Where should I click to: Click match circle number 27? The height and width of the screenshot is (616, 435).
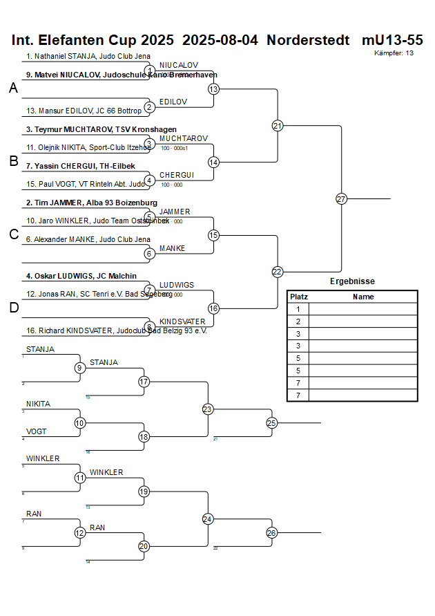click(x=341, y=199)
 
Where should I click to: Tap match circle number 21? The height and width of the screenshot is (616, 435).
click(x=278, y=126)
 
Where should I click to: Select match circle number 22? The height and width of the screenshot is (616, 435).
click(x=278, y=272)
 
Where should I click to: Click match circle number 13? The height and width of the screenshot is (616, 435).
click(x=213, y=89)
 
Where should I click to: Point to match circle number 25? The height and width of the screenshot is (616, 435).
click(x=271, y=422)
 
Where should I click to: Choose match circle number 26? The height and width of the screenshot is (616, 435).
click(x=271, y=532)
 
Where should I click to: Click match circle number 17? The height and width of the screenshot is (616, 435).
click(x=144, y=382)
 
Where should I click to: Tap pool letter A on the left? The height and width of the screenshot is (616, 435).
click(x=13, y=88)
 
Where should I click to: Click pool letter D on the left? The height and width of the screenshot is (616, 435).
click(x=13, y=308)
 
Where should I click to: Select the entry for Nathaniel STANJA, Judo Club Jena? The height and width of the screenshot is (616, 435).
click(x=88, y=57)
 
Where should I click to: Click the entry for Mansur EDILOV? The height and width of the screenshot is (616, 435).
click(x=84, y=111)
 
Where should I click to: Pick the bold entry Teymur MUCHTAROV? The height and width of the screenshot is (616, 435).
click(x=101, y=129)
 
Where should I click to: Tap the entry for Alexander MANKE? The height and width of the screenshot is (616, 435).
click(x=88, y=239)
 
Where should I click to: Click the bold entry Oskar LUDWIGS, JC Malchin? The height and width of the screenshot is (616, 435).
click(x=81, y=276)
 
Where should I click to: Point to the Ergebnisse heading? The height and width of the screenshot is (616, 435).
click(x=352, y=281)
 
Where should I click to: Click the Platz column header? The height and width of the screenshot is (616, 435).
click(x=298, y=297)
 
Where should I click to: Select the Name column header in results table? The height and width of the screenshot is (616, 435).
click(x=363, y=297)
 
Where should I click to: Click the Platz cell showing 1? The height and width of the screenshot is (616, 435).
click(x=298, y=309)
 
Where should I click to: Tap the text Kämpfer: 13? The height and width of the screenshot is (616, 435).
click(x=394, y=53)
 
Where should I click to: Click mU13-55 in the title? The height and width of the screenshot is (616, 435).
click(x=392, y=40)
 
